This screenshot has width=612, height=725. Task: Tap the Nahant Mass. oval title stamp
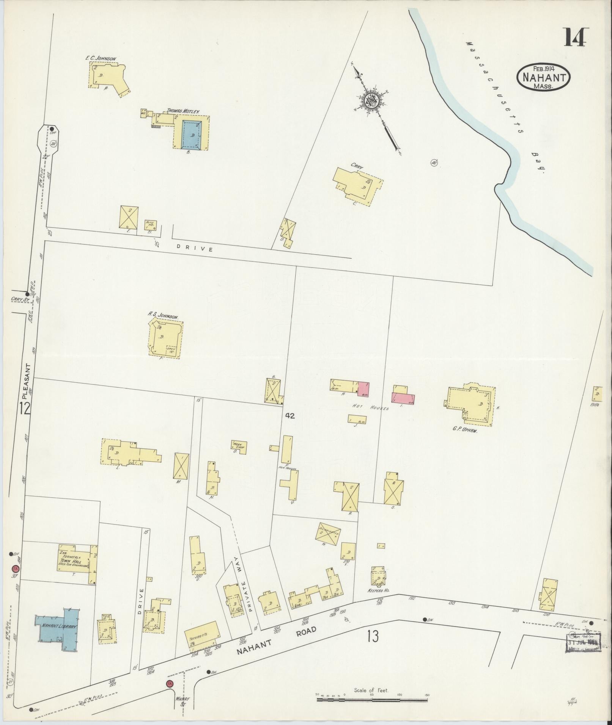pos(544,77)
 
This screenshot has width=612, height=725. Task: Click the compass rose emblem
pos(371,101)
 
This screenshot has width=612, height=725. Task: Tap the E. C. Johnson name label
pos(101,58)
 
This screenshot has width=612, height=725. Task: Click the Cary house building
pos(357,184)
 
